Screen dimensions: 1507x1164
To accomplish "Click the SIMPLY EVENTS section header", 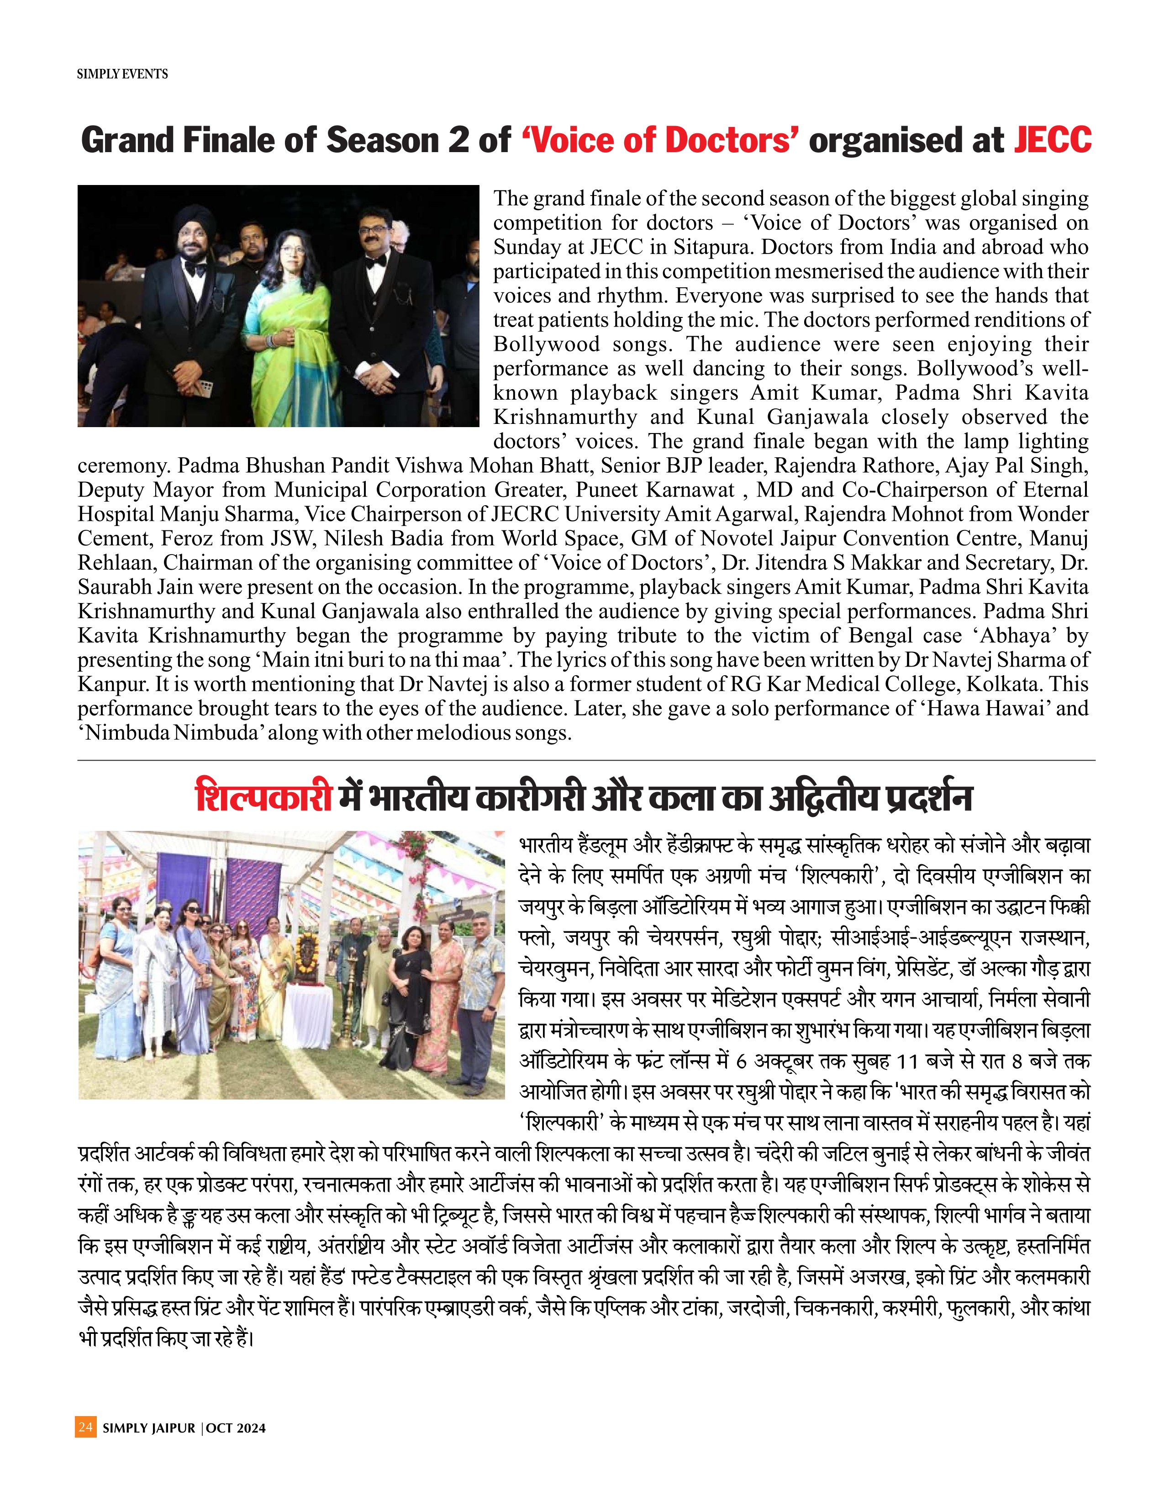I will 122,74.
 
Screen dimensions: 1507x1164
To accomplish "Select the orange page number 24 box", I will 85,1427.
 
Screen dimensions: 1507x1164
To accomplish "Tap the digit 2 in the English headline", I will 458,141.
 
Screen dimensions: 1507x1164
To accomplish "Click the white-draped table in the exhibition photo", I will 308,1016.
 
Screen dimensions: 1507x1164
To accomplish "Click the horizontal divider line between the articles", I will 586,761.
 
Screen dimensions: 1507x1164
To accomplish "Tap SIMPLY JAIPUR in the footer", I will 149,1428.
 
